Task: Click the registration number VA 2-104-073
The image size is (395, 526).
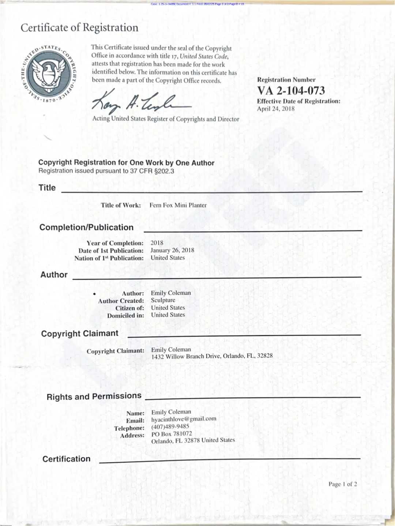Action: [x=291, y=91]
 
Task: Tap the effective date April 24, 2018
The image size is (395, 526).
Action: [x=275, y=109]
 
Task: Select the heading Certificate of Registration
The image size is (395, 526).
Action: [x=79, y=28]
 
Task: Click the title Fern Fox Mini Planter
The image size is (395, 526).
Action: [x=178, y=205]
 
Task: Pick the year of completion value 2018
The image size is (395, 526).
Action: [x=157, y=243]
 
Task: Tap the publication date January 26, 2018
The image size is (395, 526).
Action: [x=172, y=250]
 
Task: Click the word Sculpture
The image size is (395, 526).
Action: [x=163, y=300]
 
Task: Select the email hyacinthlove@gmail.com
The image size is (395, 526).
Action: [x=184, y=419]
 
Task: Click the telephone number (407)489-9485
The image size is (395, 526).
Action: [x=170, y=426]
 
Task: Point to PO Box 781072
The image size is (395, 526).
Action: [x=172, y=434]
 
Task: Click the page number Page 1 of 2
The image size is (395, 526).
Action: [x=343, y=484]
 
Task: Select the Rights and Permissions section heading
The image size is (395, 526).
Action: [x=94, y=396]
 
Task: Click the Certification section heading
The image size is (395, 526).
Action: [x=67, y=459]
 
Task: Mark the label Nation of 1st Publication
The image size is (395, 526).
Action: [x=109, y=258]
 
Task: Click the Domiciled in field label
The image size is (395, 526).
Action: [x=125, y=316]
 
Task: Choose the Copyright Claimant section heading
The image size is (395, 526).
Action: [x=80, y=333]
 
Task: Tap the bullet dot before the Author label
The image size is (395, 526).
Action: [x=94, y=294]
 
